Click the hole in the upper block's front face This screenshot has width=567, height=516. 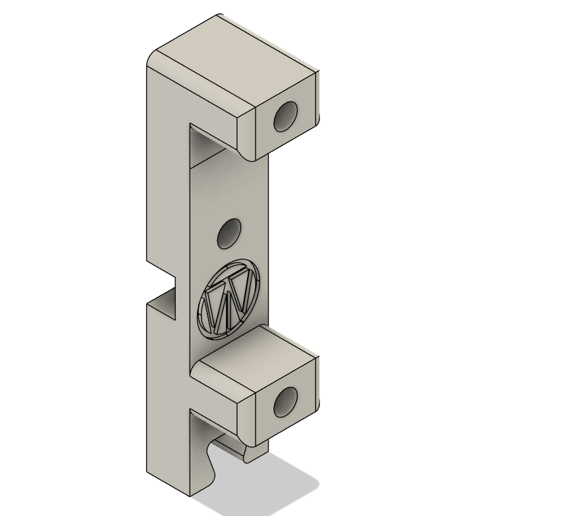[285, 117]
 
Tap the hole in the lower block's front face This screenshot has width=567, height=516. [286, 401]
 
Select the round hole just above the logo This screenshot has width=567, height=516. [229, 234]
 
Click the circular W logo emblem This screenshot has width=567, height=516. [229, 299]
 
